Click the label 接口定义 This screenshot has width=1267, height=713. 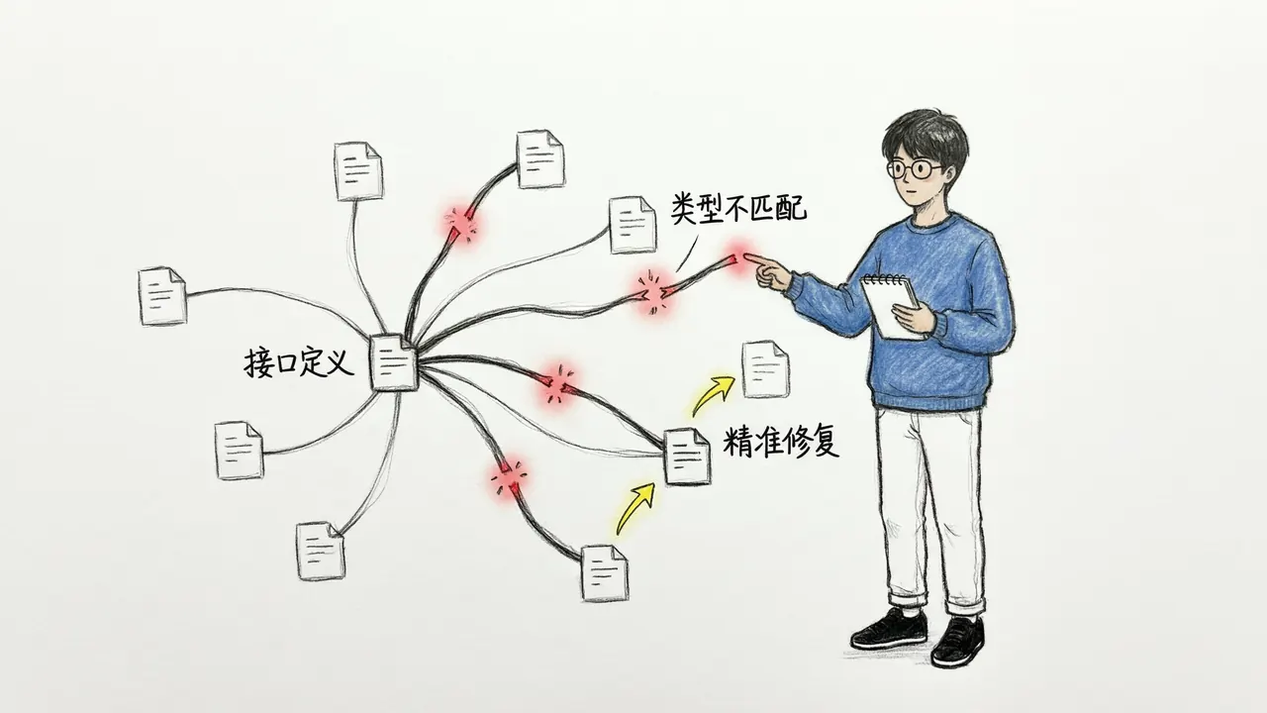tap(299, 362)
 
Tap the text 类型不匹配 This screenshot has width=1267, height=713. tap(738, 208)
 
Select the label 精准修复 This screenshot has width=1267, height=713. tap(781, 442)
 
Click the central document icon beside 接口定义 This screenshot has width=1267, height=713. tap(394, 362)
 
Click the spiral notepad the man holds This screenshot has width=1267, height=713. tap(891, 306)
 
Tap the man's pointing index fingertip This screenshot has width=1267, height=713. tap(747, 256)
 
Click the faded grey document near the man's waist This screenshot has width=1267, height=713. tap(766, 369)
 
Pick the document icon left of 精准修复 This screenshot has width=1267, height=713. tap(687, 457)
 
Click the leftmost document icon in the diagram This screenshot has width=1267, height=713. tap(163, 296)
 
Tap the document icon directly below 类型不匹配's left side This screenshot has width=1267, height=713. tap(633, 225)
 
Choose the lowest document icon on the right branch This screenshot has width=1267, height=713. tap(605, 572)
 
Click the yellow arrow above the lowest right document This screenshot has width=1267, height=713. tap(634, 508)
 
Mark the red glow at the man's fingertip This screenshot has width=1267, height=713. tap(738, 258)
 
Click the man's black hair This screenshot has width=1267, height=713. tap(925, 140)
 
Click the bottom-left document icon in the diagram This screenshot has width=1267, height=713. tap(321, 551)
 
